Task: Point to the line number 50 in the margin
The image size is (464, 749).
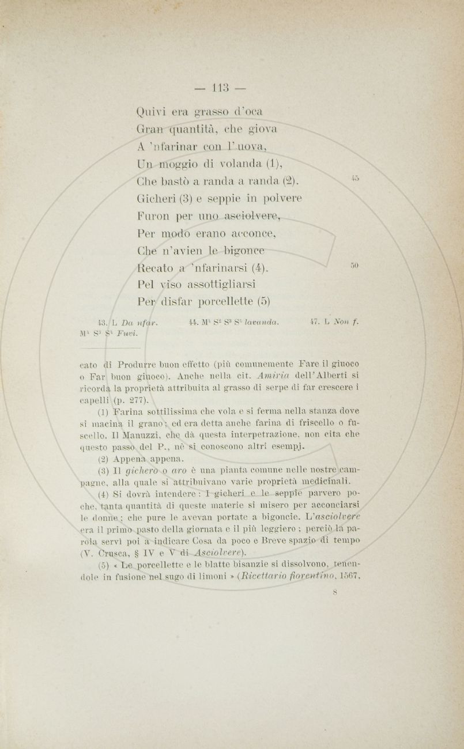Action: (354, 265)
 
